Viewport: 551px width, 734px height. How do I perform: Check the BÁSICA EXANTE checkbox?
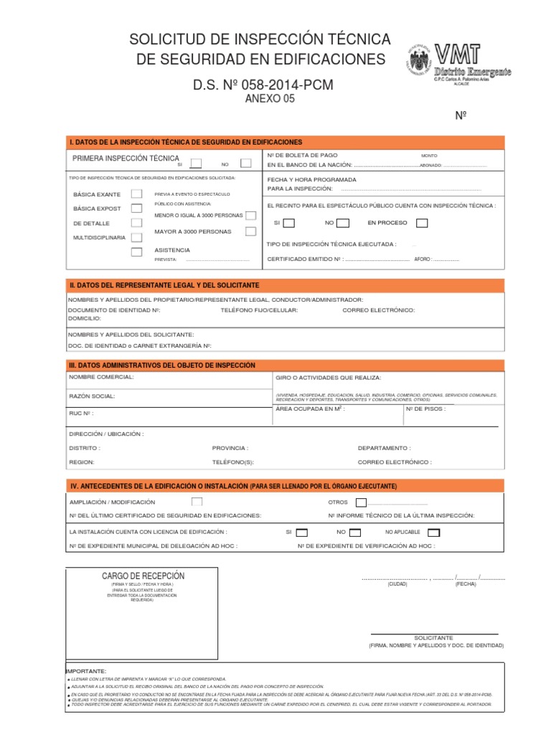point(136,194)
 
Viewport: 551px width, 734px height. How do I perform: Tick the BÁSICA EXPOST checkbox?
point(136,209)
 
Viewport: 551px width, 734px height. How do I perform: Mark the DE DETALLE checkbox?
point(136,223)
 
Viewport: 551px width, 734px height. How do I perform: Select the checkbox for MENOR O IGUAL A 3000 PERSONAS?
point(250,215)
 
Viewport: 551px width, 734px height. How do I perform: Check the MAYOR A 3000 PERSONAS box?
point(250,231)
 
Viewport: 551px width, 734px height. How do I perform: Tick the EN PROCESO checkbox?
point(422,223)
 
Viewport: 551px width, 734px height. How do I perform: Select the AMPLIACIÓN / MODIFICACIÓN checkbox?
point(197,502)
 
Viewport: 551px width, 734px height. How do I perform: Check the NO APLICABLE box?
point(434,533)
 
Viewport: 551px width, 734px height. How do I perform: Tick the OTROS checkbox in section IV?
point(361,502)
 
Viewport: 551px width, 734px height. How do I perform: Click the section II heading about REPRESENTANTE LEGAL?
point(164,285)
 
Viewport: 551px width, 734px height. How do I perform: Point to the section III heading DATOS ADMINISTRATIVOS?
point(161,365)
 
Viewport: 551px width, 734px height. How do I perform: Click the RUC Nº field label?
point(80,414)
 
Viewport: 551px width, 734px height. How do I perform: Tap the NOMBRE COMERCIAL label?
point(100,376)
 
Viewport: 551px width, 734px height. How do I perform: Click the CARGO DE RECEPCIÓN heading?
point(143,576)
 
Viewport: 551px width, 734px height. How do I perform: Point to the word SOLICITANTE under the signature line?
point(434,637)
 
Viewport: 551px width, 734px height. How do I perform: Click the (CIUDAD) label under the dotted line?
point(397,584)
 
